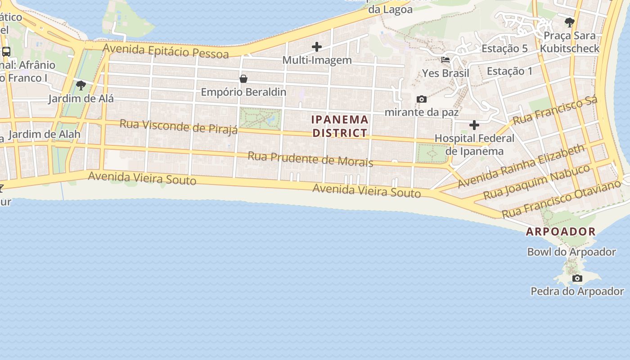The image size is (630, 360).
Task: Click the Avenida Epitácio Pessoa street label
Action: pyautogui.click(x=166, y=51)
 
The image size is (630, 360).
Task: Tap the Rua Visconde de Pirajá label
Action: pyautogui.click(x=178, y=126)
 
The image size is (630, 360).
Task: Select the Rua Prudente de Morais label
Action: pyautogui.click(x=310, y=159)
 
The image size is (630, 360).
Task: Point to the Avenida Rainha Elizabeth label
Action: pyautogui.click(x=521, y=166)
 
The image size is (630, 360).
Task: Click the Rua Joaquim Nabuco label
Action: pyautogui.click(x=536, y=182)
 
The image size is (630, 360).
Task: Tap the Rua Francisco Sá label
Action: pyautogui.click(x=555, y=110)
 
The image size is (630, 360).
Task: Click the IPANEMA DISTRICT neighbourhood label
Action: pyautogui.click(x=340, y=126)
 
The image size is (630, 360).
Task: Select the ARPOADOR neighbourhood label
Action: pyautogui.click(x=561, y=232)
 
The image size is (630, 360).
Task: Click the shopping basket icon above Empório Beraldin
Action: pyautogui.click(x=243, y=79)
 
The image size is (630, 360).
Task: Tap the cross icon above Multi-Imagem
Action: pyautogui.click(x=317, y=46)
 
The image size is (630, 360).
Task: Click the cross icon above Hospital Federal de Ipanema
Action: pyautogui.click(x=474, y=125)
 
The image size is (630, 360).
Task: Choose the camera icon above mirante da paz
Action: pyautogui.click(x=422, y=99)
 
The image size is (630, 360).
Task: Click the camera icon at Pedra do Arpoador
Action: pyautogui.click(x=577, y=279)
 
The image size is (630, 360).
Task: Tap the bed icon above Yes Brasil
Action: pyautogui.click(x=445, y=59)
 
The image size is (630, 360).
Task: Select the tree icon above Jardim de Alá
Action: pyautogui.click(x=81, y=85)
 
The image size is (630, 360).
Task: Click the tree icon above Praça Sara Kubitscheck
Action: pyautogui.click(x=570, y=22)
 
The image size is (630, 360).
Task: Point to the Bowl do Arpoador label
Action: pyautogui.click(x=571, y=252)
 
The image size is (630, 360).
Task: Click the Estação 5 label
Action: pyautogui.click(x=504, y=49)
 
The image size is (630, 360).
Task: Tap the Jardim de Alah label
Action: pyautogui.click(x=44, y=134)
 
